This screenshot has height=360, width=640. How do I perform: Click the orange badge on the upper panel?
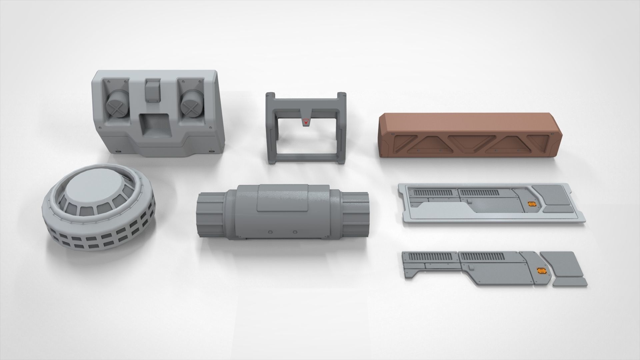pos(531,204)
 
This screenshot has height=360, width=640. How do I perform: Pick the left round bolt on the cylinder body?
pos(270,232)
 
